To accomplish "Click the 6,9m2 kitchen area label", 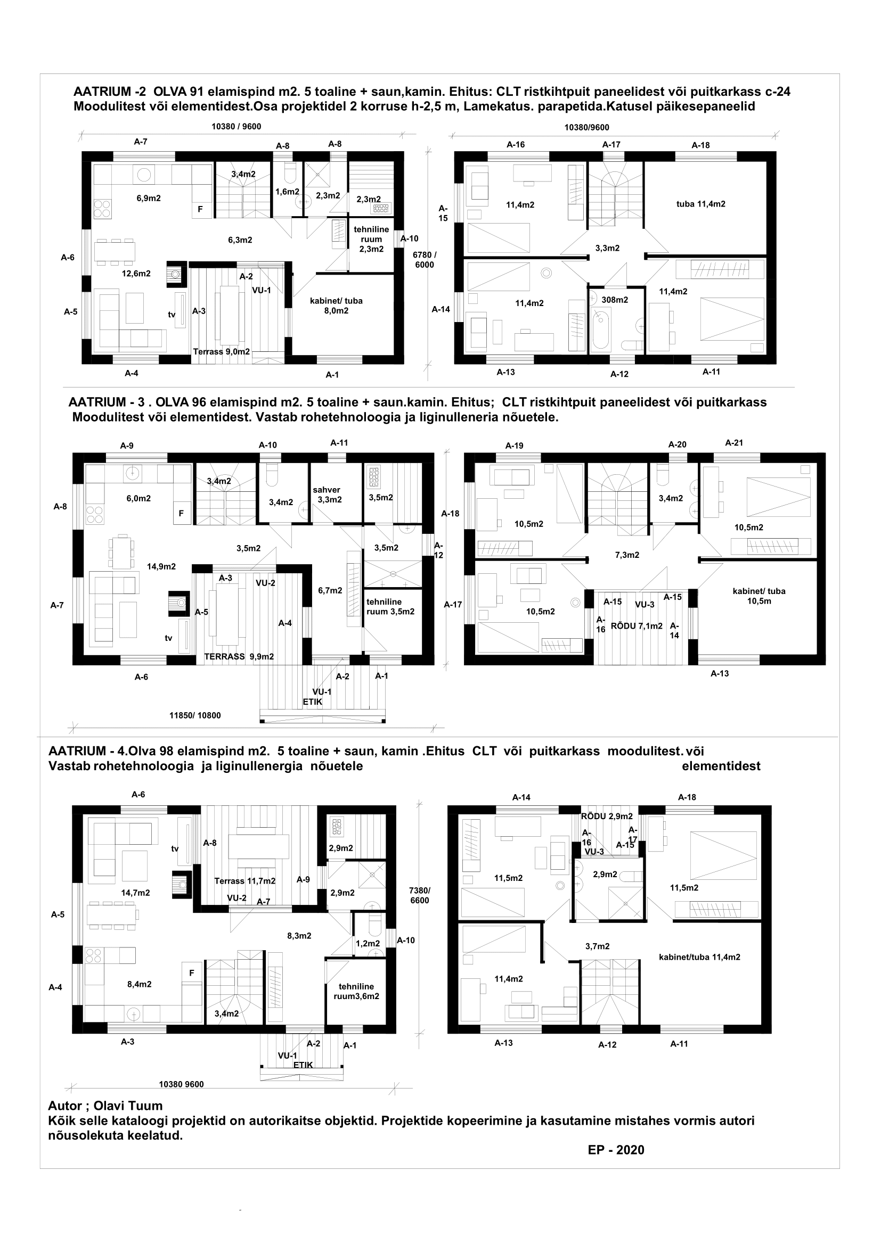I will [148, 199].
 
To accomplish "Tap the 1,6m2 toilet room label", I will [287, 192].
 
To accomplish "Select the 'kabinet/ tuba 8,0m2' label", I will [336, 306].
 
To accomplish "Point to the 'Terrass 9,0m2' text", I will [222, 352].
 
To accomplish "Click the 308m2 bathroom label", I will [615, 300].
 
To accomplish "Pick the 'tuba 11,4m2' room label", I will [700, 204].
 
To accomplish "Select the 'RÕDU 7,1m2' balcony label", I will [637, 626].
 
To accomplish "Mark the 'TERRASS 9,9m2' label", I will [239, 657].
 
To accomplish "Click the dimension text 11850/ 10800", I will [195, 715].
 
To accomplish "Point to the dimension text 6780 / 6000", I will [424, 260].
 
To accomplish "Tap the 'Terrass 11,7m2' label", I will [244, 881].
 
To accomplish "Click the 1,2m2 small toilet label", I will [368, 944].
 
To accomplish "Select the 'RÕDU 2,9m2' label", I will [607, 816].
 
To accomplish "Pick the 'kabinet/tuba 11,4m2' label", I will [699, 957].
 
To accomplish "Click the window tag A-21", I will [733, 443].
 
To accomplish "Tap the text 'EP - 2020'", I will [616, 1150].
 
